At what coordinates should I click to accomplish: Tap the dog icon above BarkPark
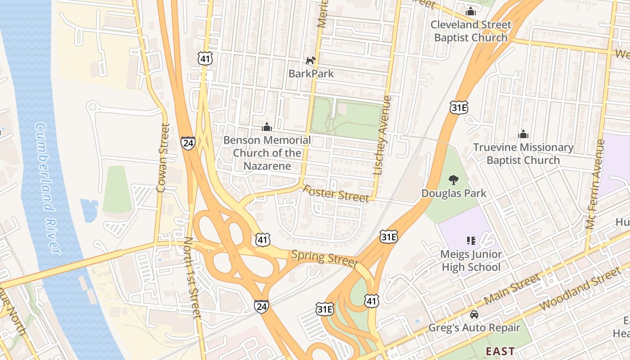click(x=311, y=60)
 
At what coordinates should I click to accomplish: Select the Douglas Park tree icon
click(x=454, y=180)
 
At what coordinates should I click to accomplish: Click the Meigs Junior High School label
click(x=471, y=261)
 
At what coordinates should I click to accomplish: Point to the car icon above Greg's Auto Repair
click(x=474, y=314)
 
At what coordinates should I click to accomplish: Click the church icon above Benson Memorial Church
click(x=267, y=127)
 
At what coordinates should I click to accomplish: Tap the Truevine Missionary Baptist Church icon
click(x=523, y=134)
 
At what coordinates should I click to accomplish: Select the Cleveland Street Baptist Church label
click(x=471, y=31)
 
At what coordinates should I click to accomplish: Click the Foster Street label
click(x=336, y=194)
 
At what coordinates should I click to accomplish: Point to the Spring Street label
click(x=324, y=258)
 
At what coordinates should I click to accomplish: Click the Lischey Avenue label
click(x=381, y=135)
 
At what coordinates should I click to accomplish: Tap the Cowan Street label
click(x=162, y=157)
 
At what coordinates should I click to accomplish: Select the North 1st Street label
click(x=193, y=278)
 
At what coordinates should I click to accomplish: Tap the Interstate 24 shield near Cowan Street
click(x=188, y=143)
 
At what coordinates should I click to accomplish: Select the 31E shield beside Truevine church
click(x=459, y=107)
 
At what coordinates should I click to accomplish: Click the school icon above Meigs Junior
click(x=471, y=240)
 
